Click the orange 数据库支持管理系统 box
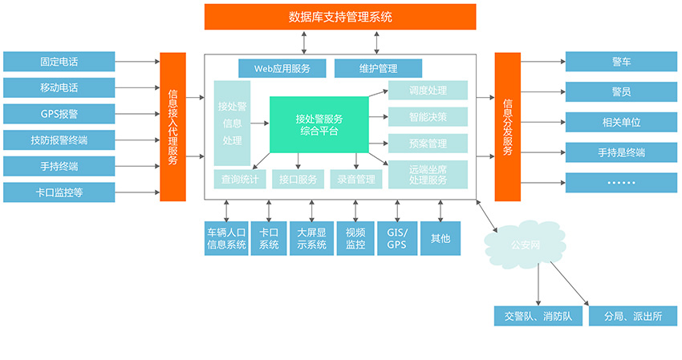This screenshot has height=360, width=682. point(340,17)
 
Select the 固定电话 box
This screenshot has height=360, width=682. point(59,61)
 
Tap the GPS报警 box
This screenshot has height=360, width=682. point(59,113)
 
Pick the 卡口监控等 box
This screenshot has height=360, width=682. point(59,192)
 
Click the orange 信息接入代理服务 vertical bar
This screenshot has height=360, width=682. point(173,127)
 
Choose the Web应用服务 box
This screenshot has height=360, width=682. point(282,68)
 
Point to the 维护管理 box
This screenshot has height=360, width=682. point(378,68)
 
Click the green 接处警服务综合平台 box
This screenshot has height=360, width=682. point(319,124)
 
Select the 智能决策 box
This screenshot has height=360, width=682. point(428,116)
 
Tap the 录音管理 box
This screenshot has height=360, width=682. point(356,180)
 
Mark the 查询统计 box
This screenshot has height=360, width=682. point(237,180)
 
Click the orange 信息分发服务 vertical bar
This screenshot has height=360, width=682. point(507,127)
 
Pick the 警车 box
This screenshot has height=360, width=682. point(620,61)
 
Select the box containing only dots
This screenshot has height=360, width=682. point(620,182)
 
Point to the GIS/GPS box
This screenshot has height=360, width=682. point(397,238)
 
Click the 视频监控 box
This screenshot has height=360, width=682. point(355,238)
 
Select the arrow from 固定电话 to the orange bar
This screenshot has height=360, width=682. point(137,61)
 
